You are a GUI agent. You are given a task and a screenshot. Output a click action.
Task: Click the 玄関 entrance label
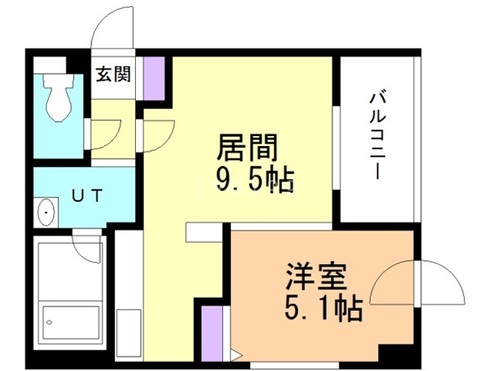pos(113,75)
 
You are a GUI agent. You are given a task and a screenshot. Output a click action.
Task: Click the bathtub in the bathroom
pos(72,298)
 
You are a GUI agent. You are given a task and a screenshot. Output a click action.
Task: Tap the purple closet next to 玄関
pos(154,78)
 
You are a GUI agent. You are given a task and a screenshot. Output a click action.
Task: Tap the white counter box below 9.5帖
pos(205,232)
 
